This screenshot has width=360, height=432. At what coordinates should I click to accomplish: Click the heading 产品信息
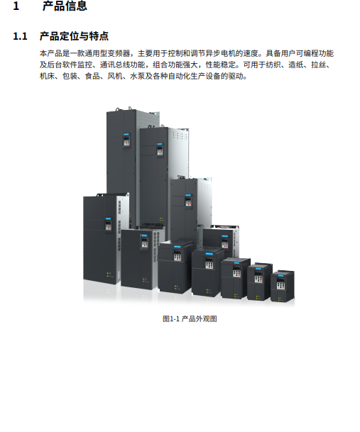(65, 6)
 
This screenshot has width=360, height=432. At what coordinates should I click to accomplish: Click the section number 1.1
(20, 36)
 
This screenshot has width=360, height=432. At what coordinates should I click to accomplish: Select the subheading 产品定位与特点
(74, 36)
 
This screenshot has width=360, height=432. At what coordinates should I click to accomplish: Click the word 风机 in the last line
(115, 76)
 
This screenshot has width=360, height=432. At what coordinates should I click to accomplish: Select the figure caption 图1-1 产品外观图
(190, 319)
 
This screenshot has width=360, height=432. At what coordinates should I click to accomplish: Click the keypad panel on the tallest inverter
(126, 140)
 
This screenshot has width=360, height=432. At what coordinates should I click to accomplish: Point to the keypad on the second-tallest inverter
(160, 150)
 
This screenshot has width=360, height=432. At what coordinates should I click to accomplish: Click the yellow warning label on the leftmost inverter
(109, 275)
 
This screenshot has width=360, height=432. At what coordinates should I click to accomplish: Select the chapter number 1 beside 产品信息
(16, 6)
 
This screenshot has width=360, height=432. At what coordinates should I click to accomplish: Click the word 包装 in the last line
(70, 76)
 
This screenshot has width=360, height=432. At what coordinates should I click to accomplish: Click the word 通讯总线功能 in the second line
(122, 65)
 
